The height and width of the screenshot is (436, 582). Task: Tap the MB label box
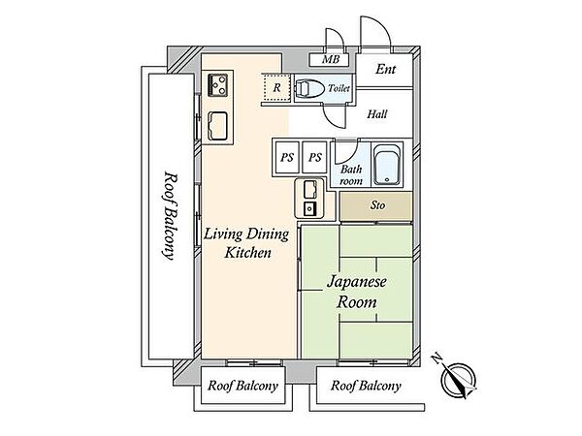[330, 60]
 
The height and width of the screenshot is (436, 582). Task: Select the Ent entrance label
[386, 69]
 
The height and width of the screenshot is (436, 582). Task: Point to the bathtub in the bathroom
[387, 165]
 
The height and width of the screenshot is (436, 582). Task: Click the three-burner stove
[217, 85]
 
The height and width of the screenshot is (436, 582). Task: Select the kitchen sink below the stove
[217, 126]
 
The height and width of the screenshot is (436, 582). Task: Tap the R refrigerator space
[276, 87]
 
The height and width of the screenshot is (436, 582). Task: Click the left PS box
[286, 157]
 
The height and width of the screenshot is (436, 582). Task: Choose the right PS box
[314, 157]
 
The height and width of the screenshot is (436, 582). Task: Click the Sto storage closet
[376, 206]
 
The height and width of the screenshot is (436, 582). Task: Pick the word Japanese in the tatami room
[356, 282]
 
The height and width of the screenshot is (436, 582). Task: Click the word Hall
[377, 113]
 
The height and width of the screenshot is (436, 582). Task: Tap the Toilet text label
[339, 88]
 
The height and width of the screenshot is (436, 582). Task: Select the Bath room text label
[351, 175]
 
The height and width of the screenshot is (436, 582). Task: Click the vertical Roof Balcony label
[170, 215]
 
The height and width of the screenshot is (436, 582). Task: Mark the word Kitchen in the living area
[248, 253]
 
